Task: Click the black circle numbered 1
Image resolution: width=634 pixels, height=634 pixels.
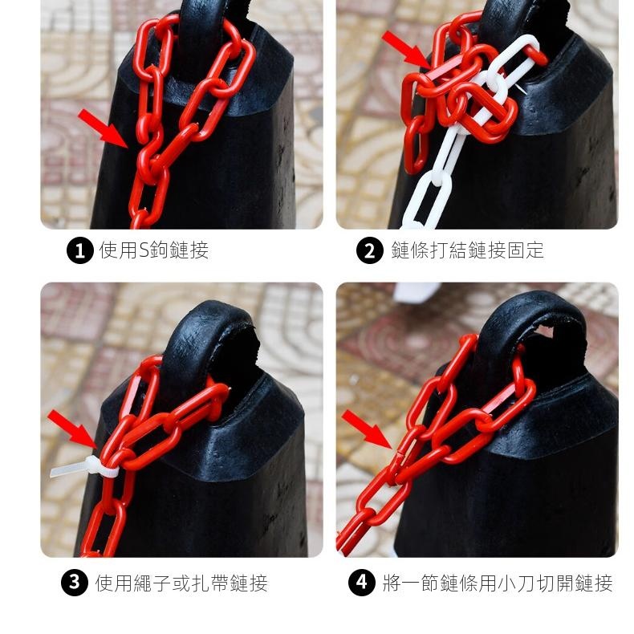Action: click(80, 250)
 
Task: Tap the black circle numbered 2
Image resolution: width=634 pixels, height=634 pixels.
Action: click(369, 250)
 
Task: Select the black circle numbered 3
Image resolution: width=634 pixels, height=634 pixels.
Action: click(75, 583)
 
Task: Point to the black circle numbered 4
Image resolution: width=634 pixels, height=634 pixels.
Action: click(362, 583)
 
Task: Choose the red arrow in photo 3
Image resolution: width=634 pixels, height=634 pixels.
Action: click(73, 429)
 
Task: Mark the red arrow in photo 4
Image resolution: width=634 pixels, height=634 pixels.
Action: click(367, 429)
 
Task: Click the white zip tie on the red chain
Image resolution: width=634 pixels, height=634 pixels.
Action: click(85, 467)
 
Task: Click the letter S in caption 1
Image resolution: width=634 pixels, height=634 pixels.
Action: click(144, 250)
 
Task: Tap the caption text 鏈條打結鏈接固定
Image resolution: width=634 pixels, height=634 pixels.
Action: click(467, 250)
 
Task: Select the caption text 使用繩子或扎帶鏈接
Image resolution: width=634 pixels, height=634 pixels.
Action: click(181, 583)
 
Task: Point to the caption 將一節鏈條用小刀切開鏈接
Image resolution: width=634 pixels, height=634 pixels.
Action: click(498, 583)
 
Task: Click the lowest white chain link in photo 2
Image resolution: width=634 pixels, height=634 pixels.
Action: click(425, 200)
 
